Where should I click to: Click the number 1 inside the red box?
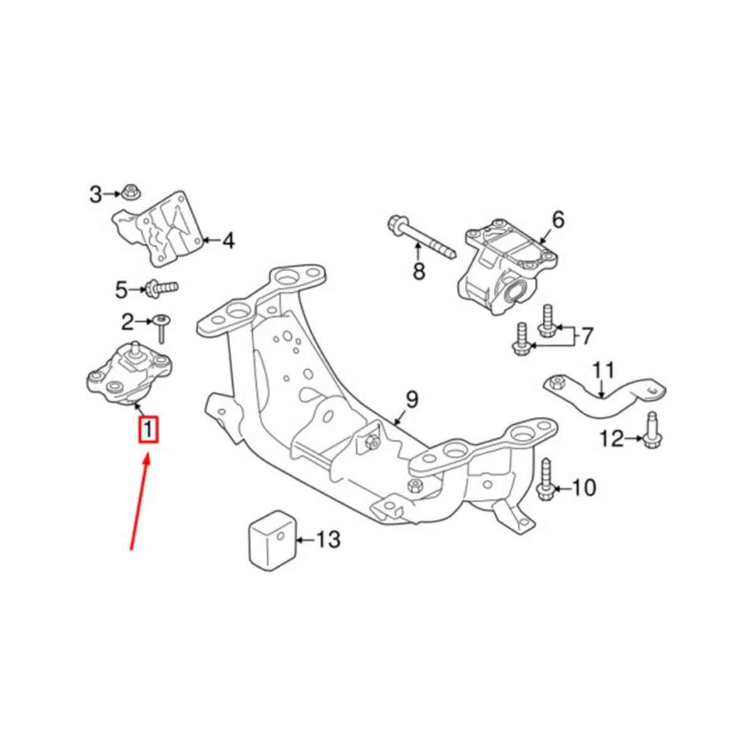[x=149, y=430]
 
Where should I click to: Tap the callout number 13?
[x=328, y=539]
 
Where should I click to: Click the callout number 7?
[x=586, y=336]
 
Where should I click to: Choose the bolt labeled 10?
[x=545, y=480]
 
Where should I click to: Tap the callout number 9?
[x=412, y=400]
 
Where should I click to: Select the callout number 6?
[x=558, y=220]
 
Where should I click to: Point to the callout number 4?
[x=228, y=240]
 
